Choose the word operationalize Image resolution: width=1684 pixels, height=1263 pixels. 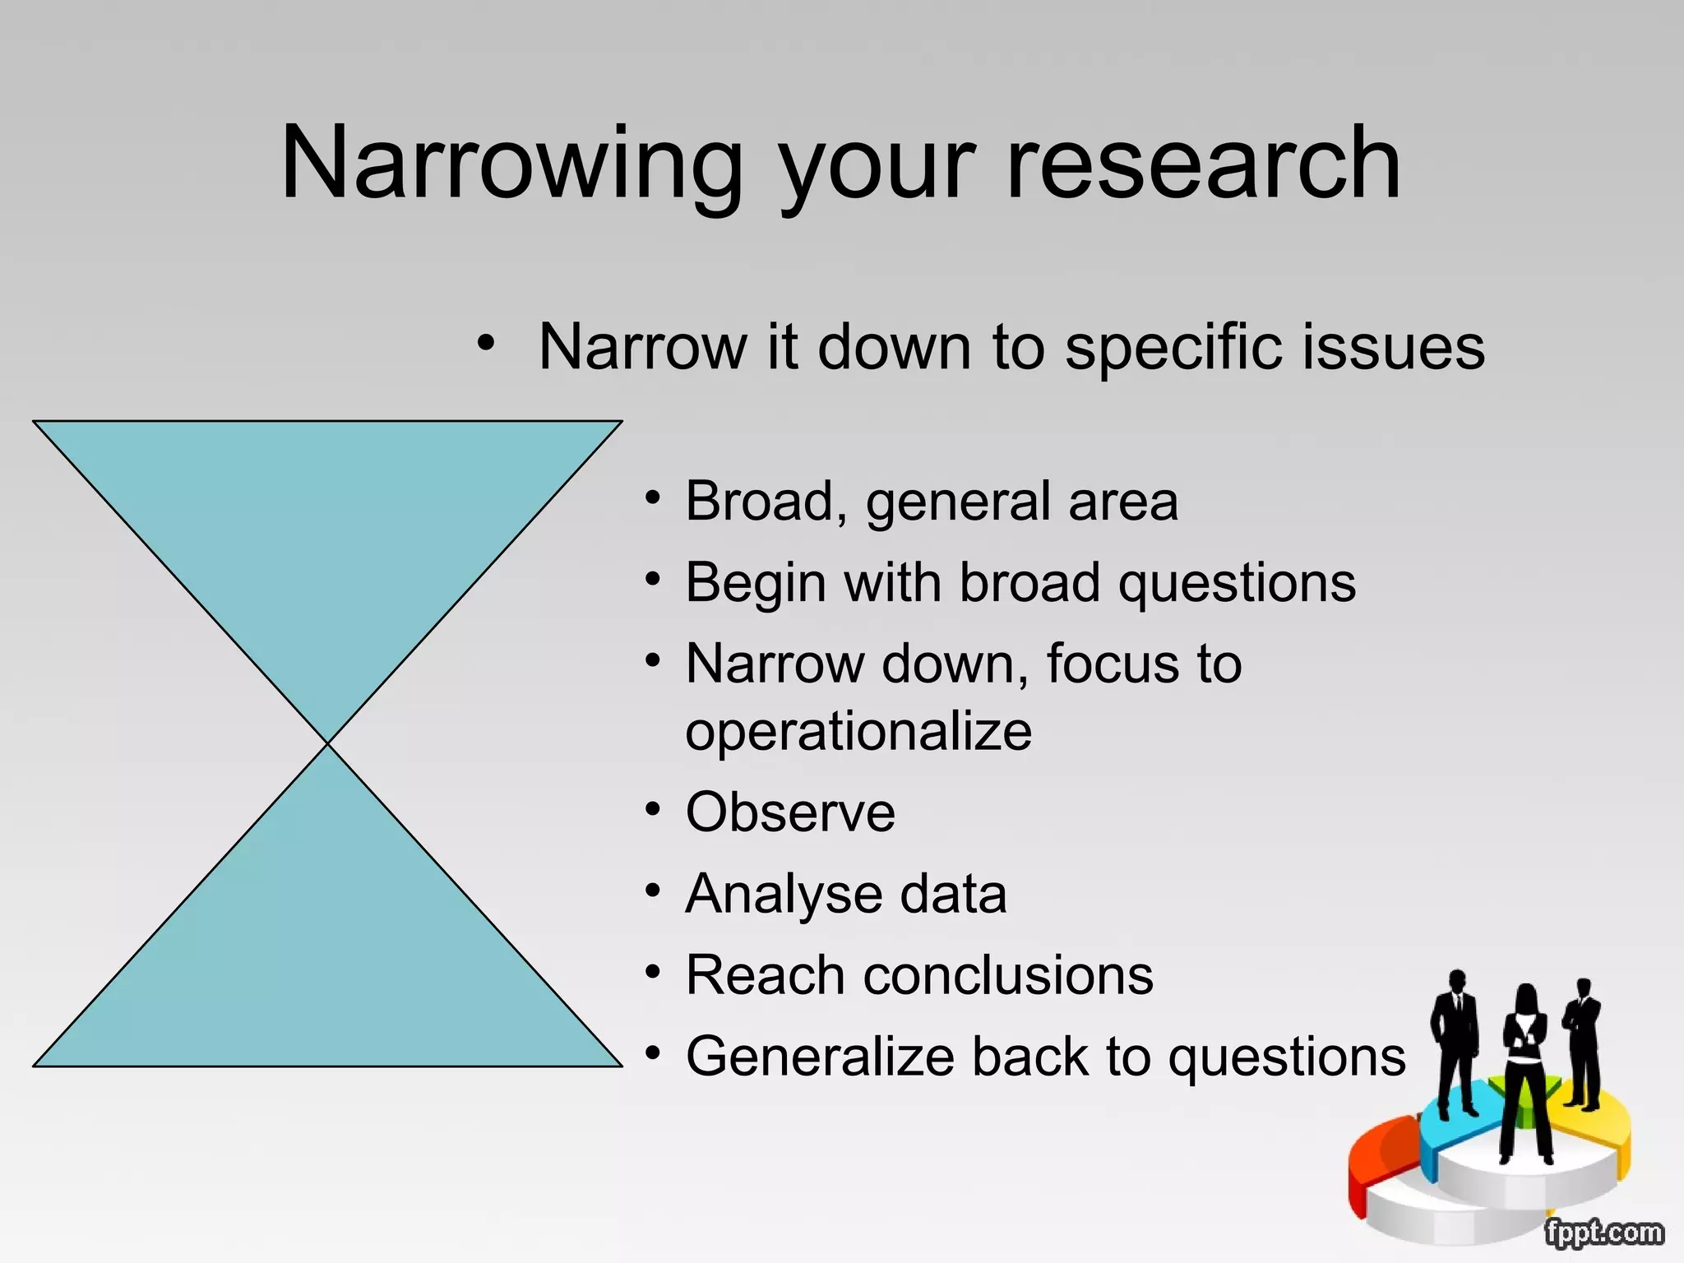858,731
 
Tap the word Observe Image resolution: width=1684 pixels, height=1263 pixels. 790,812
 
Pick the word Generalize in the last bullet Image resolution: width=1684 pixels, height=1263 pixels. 819,1057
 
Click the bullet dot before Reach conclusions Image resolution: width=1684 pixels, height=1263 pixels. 653,973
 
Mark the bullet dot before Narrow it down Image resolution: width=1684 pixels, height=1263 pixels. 487,343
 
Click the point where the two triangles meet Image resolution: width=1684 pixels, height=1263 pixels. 328,743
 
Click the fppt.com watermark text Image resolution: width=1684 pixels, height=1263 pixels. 1603,1233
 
